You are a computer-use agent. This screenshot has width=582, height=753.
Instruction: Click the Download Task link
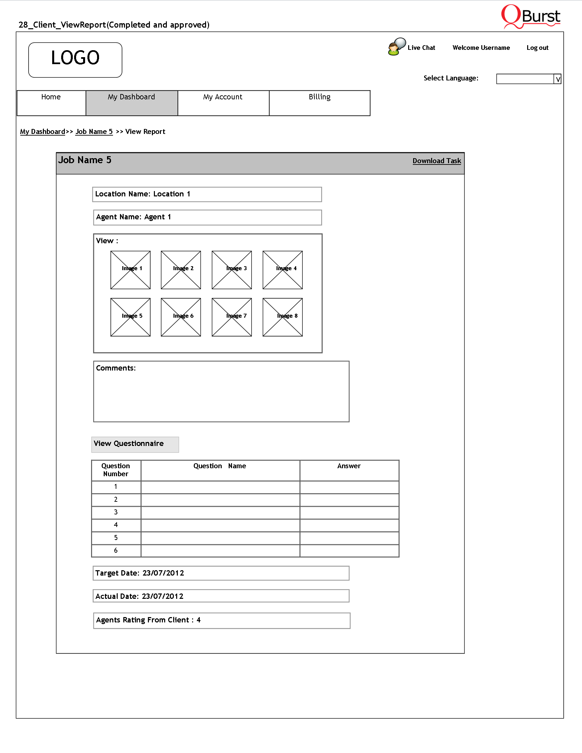[436, 161]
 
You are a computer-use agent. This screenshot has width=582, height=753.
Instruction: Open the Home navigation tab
[51, 102]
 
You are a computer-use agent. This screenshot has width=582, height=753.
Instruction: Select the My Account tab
[223, 102]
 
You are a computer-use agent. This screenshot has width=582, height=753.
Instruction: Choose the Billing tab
[319, 102]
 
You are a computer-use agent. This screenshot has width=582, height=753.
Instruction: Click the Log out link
[537, 48]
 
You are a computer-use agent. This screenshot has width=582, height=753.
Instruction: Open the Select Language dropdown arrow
[557, 79]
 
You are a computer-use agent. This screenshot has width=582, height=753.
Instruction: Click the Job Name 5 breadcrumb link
[94, 132]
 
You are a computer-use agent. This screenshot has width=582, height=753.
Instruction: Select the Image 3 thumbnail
[232, 270]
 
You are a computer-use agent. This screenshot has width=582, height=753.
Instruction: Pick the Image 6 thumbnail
[181, 317]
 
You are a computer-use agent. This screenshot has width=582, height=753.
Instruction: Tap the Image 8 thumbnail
[283, 317]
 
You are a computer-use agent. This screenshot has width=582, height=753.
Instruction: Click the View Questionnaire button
[135, 444]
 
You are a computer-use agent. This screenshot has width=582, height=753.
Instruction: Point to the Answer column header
[349, 466]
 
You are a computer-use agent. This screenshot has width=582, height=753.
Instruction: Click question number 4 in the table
[116, 525]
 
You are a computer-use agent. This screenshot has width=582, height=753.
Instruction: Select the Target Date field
[221, 573]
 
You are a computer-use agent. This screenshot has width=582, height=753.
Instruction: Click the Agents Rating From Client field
[221, 620]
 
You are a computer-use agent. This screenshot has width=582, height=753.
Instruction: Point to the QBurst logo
[530, 17]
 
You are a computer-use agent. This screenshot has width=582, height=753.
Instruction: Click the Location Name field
[207, 194]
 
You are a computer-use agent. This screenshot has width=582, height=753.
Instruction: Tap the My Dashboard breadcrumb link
[43, 132]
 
